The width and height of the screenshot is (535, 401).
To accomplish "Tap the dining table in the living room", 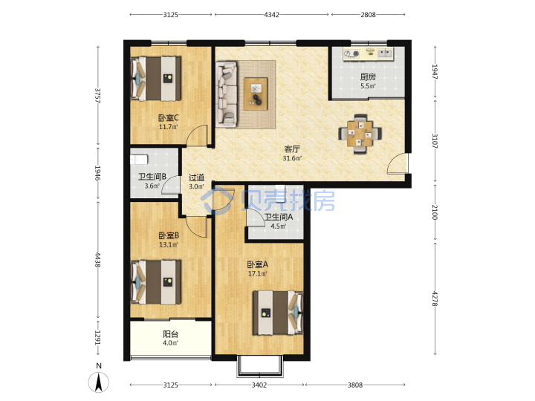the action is [360, 134].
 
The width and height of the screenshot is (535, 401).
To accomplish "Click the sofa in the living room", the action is [226, 94].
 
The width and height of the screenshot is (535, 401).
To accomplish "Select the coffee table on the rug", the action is [256, 94].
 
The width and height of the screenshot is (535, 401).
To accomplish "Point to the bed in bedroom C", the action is [156, 79].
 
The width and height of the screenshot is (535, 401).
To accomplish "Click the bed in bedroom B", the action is [156, 282].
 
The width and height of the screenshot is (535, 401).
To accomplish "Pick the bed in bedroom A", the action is [278, 313].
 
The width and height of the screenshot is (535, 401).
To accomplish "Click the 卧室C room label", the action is [169, 118].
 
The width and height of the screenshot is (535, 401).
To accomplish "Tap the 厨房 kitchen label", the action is [368, 77].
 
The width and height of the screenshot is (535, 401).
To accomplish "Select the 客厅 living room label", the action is [292, 149].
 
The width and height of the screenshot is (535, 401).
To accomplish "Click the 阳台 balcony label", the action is [170, 334].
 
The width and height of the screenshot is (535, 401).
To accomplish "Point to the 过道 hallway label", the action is [196, 177].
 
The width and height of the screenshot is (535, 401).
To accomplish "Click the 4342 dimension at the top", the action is [272, 15].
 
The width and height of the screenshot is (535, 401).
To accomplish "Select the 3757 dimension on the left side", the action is [98, 96].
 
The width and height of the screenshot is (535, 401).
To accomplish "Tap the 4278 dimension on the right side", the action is [435, 299].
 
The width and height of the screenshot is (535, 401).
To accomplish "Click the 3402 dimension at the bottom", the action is [259, 385].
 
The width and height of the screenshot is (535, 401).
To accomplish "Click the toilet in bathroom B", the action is [139, 159].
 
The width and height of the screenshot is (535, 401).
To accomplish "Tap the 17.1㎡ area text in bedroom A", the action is [257, 273].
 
